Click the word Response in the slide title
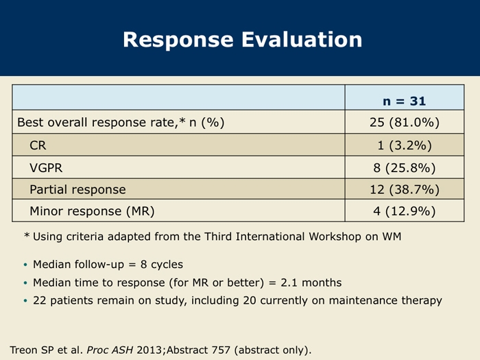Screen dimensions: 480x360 click(x=178, y=40)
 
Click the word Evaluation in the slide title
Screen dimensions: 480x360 click(x=302, y=40)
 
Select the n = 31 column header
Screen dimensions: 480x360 click(x=404, y=101)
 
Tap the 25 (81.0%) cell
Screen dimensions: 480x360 click(x=405, y=122)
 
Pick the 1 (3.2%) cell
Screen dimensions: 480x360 click(x=405, y=145)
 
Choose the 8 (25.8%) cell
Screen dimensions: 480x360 click(x=405, y=168)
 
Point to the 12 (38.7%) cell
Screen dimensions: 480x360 click(x=405, y=189)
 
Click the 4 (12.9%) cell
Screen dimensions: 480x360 click(x=405, y=211)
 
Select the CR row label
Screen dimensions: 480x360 click(x=38, y=145)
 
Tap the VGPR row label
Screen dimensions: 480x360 click(x=46, y=168)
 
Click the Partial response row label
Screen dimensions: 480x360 click(x=77, y=189)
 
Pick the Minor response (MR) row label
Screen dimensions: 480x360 click(x=92, y=211)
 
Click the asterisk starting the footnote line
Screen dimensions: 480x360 click(x=27, y=235)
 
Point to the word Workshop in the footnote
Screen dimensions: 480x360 click(x=335, y=237)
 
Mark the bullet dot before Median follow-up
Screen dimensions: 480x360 click(x=25, y=265)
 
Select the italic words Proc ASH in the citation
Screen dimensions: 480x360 click(x=110, y=350)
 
